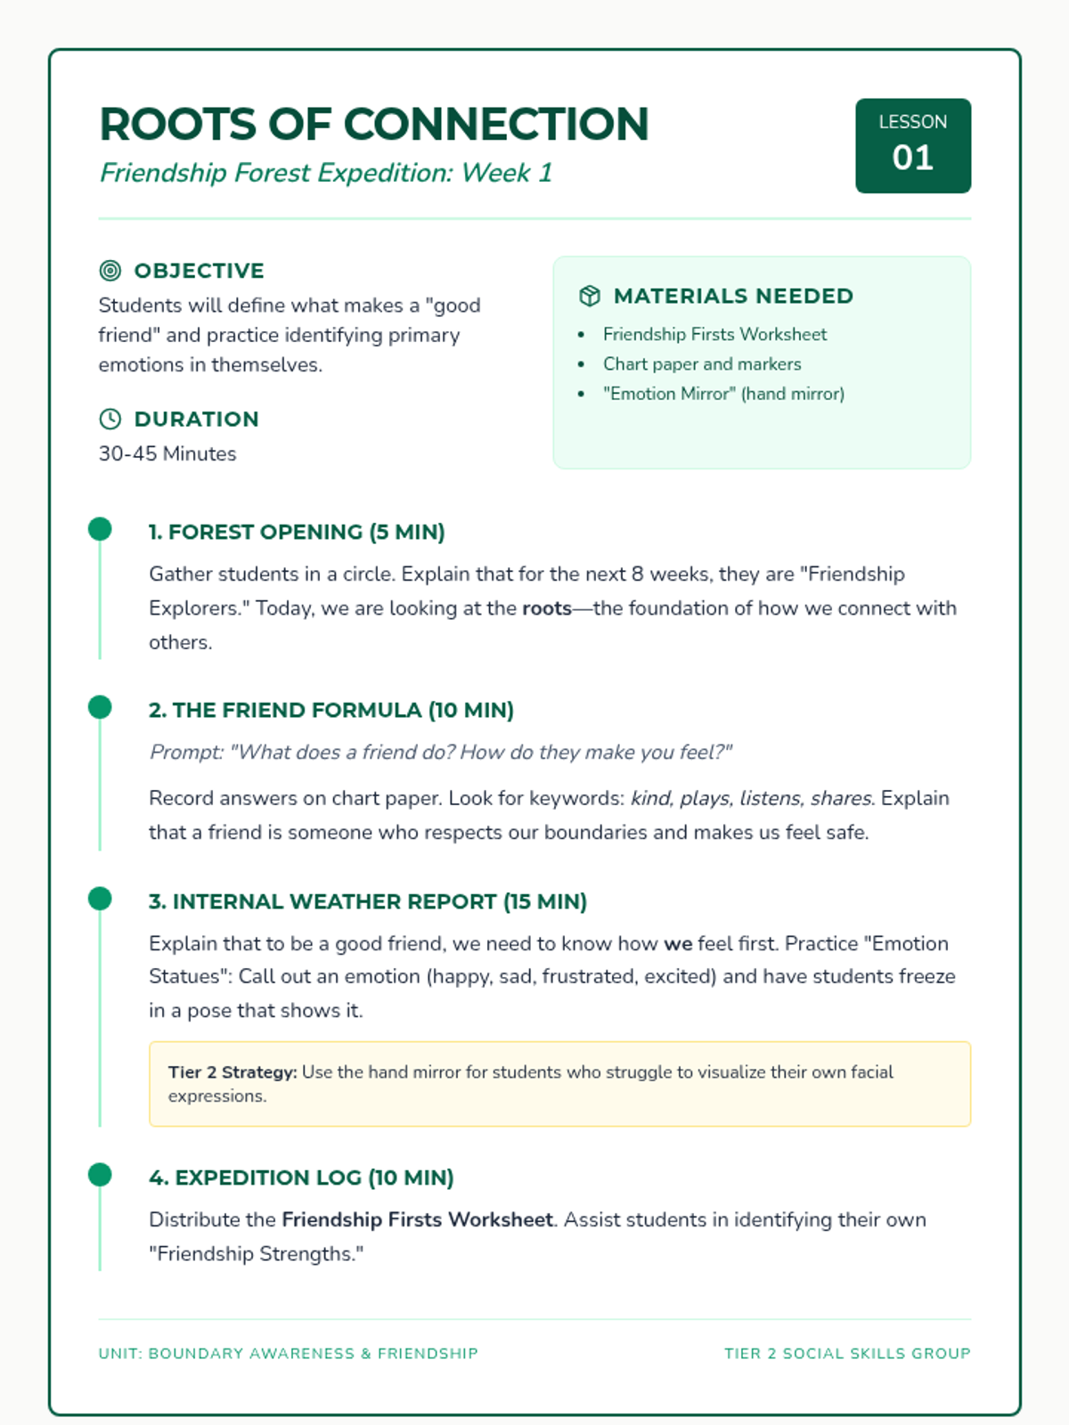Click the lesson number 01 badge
click(x=912, y=146)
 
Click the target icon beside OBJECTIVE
click(x=110, y=271)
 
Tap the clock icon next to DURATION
click(x=110, y=419)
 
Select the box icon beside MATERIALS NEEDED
click(x=589, y=296)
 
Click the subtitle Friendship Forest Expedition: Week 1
click(x=326, y=173)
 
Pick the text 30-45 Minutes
click(x=167, y=454)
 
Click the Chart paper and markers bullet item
click(x=702, y=364)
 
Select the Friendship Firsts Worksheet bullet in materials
click(x=714, y=334)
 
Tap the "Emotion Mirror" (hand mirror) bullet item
click(x=723, y=394)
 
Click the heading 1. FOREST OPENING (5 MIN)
click(x=297, y=532)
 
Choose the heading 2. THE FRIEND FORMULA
click(x=331, y=710)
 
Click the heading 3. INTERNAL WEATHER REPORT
click(x=367, y=901)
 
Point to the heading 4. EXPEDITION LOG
click(x=301, y=1177)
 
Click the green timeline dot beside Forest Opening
click(x=100, y=529)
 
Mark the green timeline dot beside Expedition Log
click(x=100, y=1175)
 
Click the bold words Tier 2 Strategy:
click(x=233, y=1072)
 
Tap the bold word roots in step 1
click(x=546, y=608)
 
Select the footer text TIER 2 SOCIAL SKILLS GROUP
click(x=847, y=1354)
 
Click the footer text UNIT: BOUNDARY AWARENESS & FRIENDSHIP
click(x=288, y=1354)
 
